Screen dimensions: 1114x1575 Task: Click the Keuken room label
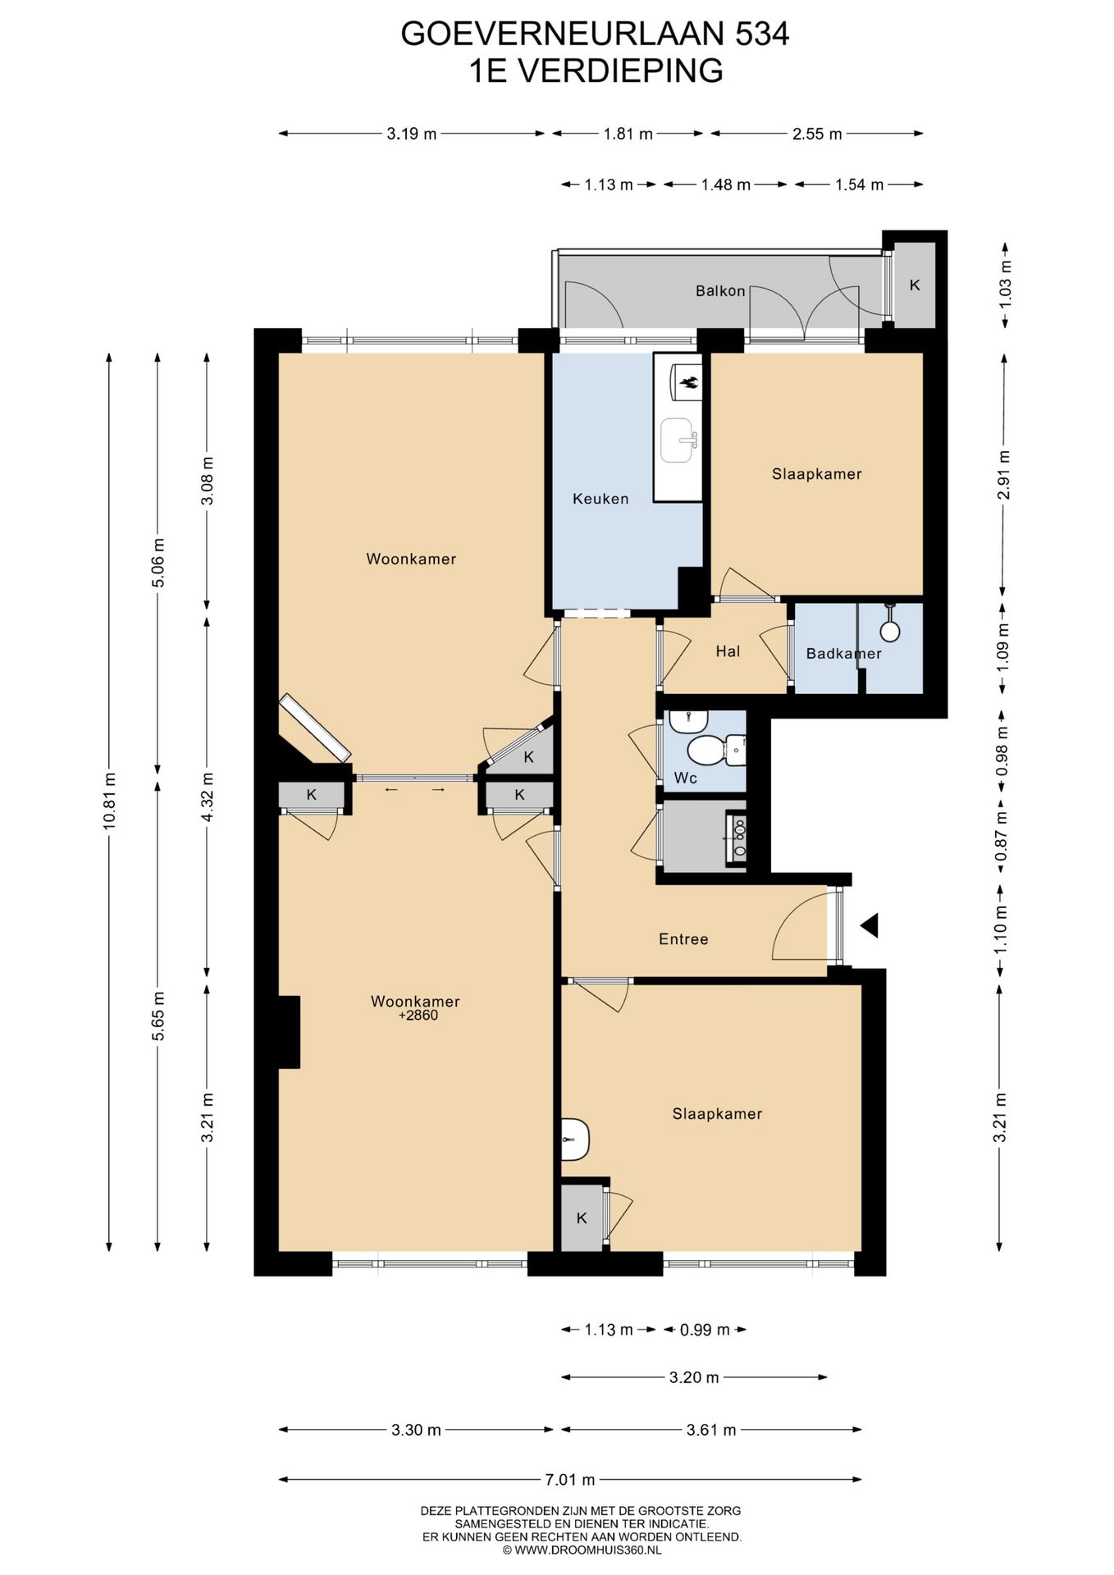coord(600,499)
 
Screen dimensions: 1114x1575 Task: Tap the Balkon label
coord(720,290)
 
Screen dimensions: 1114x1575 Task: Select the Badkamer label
coord(843,654)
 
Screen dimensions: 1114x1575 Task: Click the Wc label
coord(685,778)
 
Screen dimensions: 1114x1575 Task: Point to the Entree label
coord(683,939)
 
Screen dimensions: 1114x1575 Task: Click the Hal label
coord(728,651)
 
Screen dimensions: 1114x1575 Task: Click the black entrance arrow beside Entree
coord(870,925)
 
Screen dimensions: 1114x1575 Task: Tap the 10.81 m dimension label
coord(108,801)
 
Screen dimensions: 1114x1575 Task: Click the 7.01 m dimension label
coord(570,1479)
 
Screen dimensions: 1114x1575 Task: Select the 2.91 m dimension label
coord(1001,475)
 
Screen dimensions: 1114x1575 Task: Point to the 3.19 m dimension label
coord(412,134)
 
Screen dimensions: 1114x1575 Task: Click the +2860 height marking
coord(418,1016)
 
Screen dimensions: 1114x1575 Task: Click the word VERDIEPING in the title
coord(621,71)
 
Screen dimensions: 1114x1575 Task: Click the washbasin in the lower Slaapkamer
coord(575,1139)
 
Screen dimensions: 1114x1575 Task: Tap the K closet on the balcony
coord(915,285)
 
